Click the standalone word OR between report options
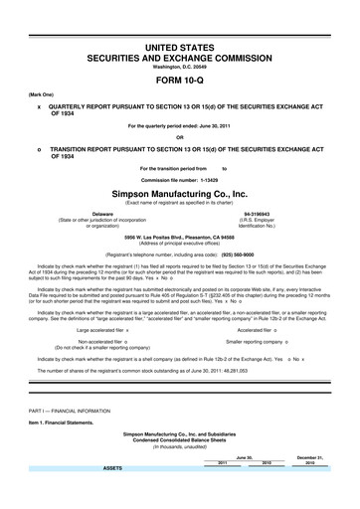(x=180, y=136)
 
